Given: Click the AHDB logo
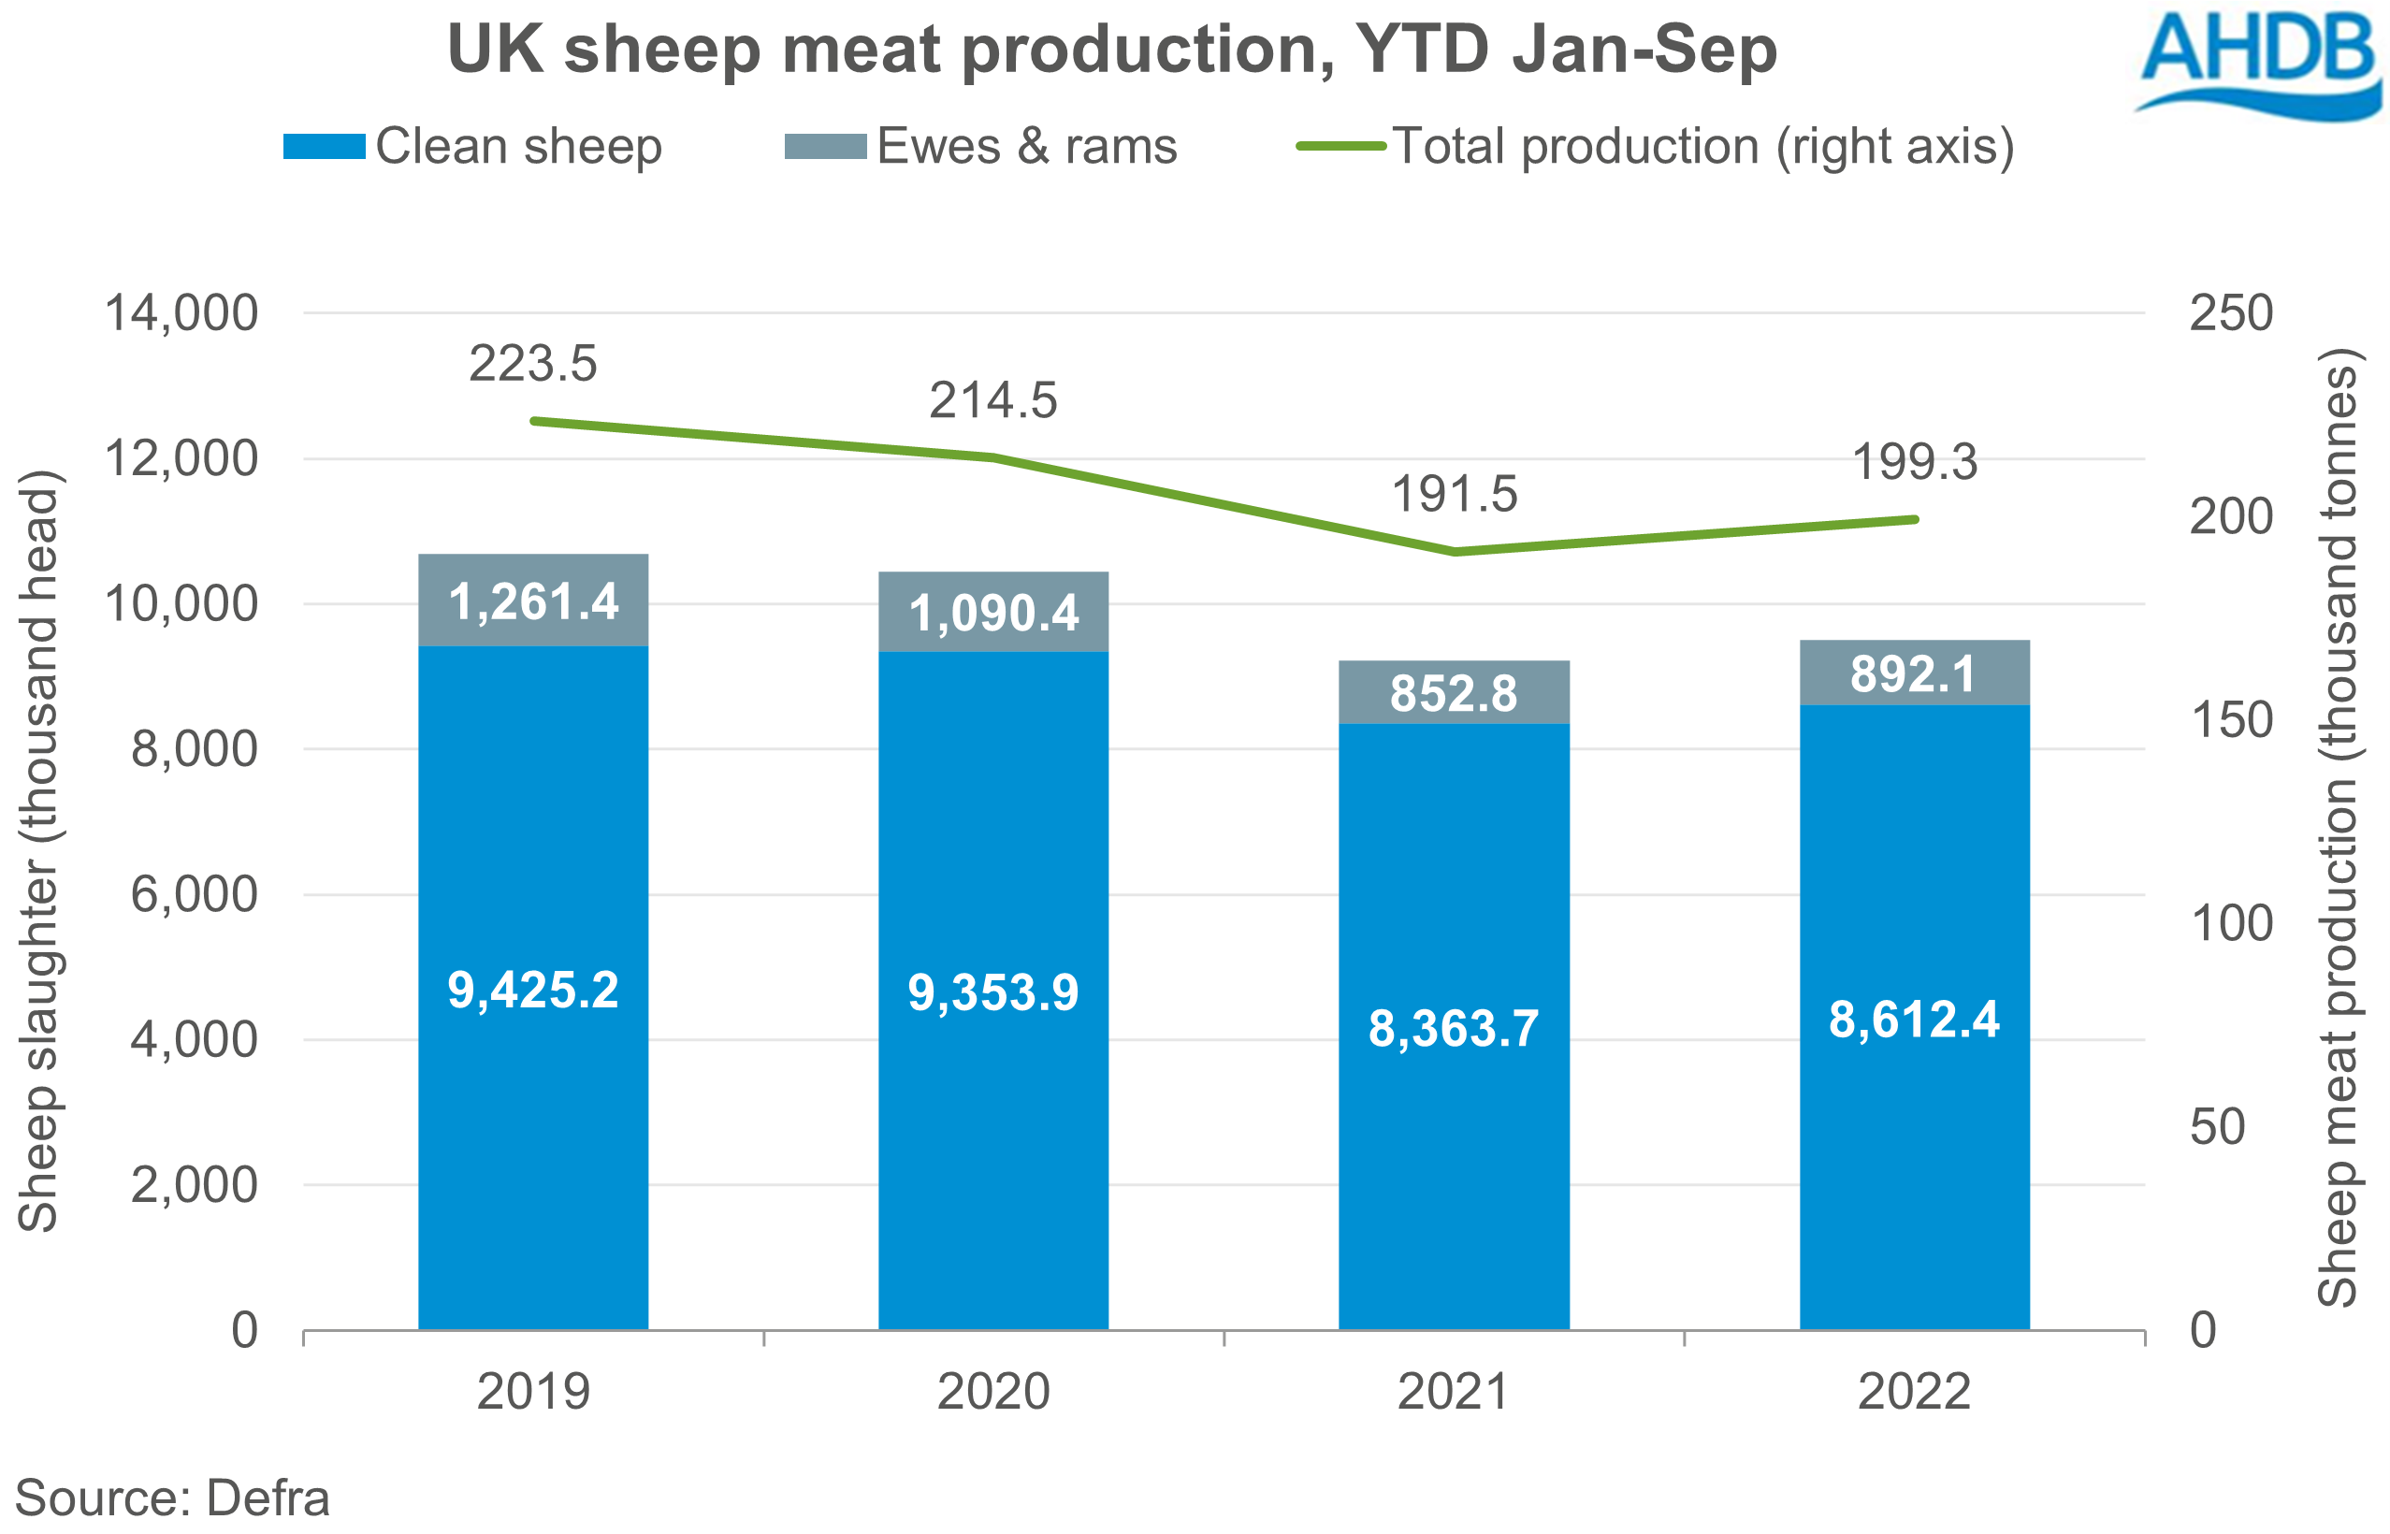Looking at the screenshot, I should (2256, 65).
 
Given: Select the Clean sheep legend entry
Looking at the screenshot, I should (473, 147).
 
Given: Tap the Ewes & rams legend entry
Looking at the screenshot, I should (980, 147).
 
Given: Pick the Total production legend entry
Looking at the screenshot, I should (1655, 147).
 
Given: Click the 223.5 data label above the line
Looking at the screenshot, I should (533, 364).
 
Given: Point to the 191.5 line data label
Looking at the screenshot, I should (1454, 495).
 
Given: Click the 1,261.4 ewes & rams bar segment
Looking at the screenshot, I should (533, 601).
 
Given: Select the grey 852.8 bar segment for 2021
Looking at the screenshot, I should (1454, 693).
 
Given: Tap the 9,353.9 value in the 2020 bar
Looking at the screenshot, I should (993, 993).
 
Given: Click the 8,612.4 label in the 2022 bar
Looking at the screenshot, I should (1914, 1020).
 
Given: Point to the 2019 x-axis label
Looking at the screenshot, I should (533, 1392).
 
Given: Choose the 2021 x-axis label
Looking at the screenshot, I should (1454, 1392).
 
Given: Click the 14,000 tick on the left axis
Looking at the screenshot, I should (181, 313).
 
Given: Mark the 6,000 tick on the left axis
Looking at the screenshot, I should (195, 894).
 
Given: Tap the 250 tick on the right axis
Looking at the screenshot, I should (2231, 313).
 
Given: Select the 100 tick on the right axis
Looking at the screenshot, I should (2231, 923).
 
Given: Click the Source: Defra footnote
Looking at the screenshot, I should (172, 1498).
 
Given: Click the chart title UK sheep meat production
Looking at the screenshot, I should (1112, 50).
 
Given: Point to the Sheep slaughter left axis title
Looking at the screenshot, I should (40, 852).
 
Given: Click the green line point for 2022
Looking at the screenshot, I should (1914, 519).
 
